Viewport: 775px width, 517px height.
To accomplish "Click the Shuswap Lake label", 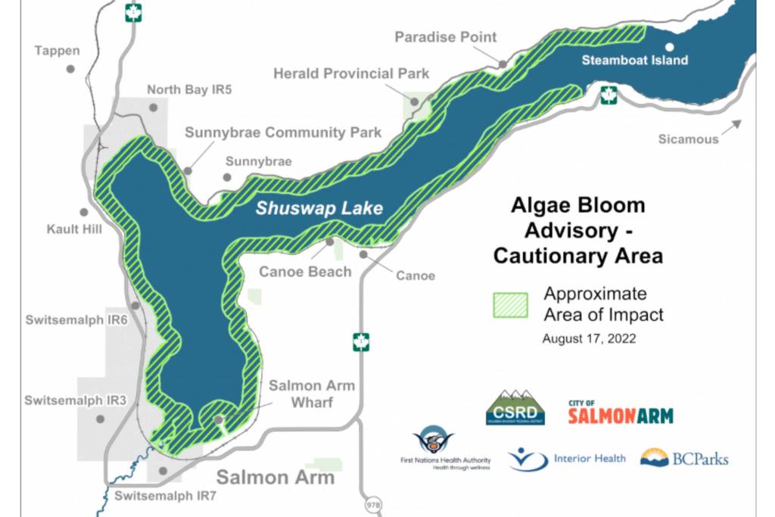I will click(x=319, y=208).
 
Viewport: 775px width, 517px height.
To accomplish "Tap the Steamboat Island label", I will click(x=635, y=60).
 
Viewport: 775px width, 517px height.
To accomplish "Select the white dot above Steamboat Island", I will click(x=669, y=47).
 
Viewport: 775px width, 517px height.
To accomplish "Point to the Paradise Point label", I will click(x=446, y=36).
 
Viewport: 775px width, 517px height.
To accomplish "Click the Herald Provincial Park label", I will click(x=351, y=73).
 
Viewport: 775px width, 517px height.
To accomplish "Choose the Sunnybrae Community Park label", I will click(x=283, y=132).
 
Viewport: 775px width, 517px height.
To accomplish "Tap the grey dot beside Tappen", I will click(x=70, y=68).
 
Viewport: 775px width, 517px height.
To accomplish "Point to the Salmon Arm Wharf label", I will click(x=311, y=394).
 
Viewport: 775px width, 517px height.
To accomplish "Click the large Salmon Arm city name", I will click(x=275, y=477).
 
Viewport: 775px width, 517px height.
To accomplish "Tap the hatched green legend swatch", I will click(x=510, y=304).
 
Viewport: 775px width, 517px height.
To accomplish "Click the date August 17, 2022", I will click(x=589, y=339).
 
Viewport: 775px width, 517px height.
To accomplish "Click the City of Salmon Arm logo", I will click(x=620, y=412).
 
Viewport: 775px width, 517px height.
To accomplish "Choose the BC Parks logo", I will click(x=683, y=458).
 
